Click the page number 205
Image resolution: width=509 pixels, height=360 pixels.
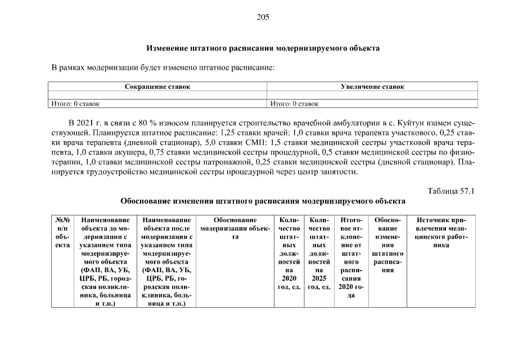[x=263, y=17]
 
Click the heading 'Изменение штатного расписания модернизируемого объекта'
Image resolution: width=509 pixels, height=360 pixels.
[x=263, y=48]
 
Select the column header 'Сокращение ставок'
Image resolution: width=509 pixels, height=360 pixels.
[x=157, y=87]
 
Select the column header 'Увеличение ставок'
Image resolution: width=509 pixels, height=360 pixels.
[x=372, y=87]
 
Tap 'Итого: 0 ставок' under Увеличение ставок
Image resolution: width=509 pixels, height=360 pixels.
[x=294, y=103]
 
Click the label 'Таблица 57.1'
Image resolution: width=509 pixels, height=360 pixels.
[x=452, y=191]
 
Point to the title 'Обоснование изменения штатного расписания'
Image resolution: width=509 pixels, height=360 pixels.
[x=263, y=201]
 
